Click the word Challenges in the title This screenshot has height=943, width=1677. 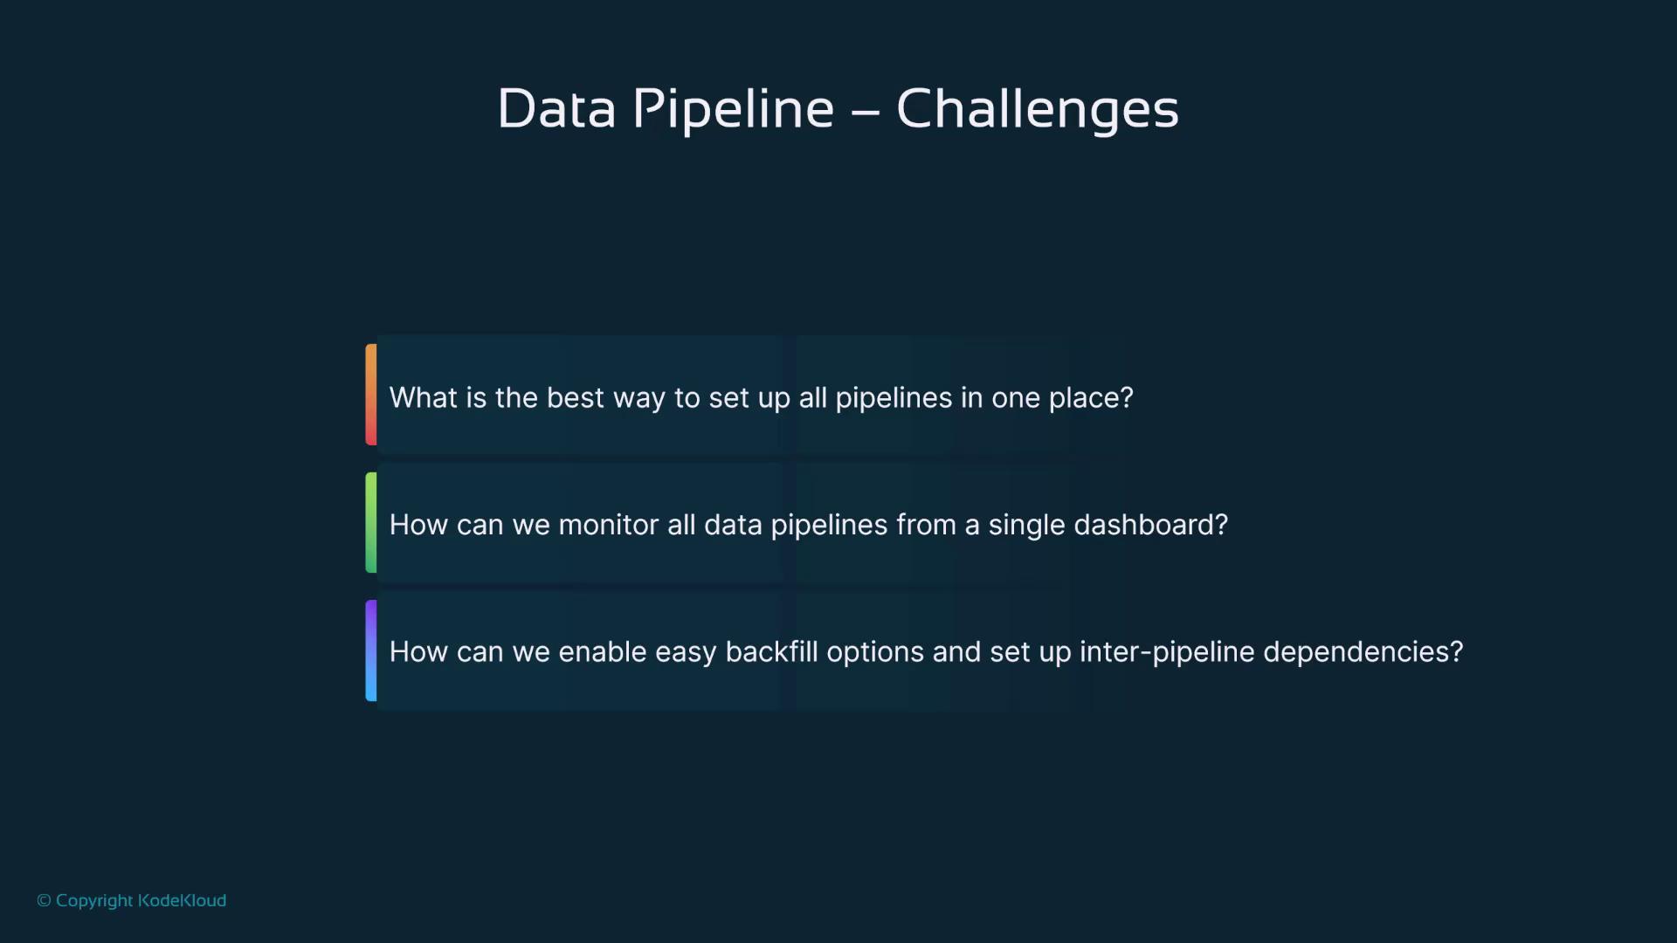click(1038, 110)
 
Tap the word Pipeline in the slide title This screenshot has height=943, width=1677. click(733, 110)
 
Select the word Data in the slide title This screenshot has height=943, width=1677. click(556, 109)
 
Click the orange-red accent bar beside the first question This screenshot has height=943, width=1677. click(371, 395)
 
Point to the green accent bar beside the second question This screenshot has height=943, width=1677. click(371, 522)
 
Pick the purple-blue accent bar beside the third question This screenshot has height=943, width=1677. click(371, 650)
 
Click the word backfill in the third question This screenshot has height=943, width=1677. click(772, 651)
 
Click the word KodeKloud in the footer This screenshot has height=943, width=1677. click(182, 900)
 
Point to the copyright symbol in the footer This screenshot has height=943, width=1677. click(44, 900)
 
